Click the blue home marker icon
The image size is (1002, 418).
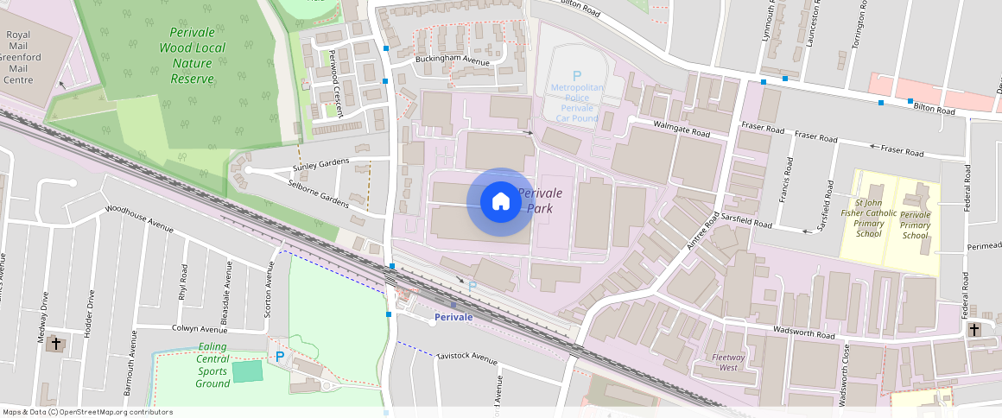(x=500, y=202)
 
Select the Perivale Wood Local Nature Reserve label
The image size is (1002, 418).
(x=192, y=55)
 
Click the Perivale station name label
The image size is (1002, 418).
(x=453, y=318)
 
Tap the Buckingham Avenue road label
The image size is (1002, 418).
(x=453, y=60)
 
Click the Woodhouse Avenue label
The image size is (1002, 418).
(x=139, y=219)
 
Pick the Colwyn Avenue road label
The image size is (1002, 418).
(x=200, y=328)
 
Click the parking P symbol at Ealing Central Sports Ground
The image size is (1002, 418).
(x=279, y=356)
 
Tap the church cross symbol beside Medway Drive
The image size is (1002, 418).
(x=56, y=344)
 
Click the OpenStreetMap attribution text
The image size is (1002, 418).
(x=87, y=412)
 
